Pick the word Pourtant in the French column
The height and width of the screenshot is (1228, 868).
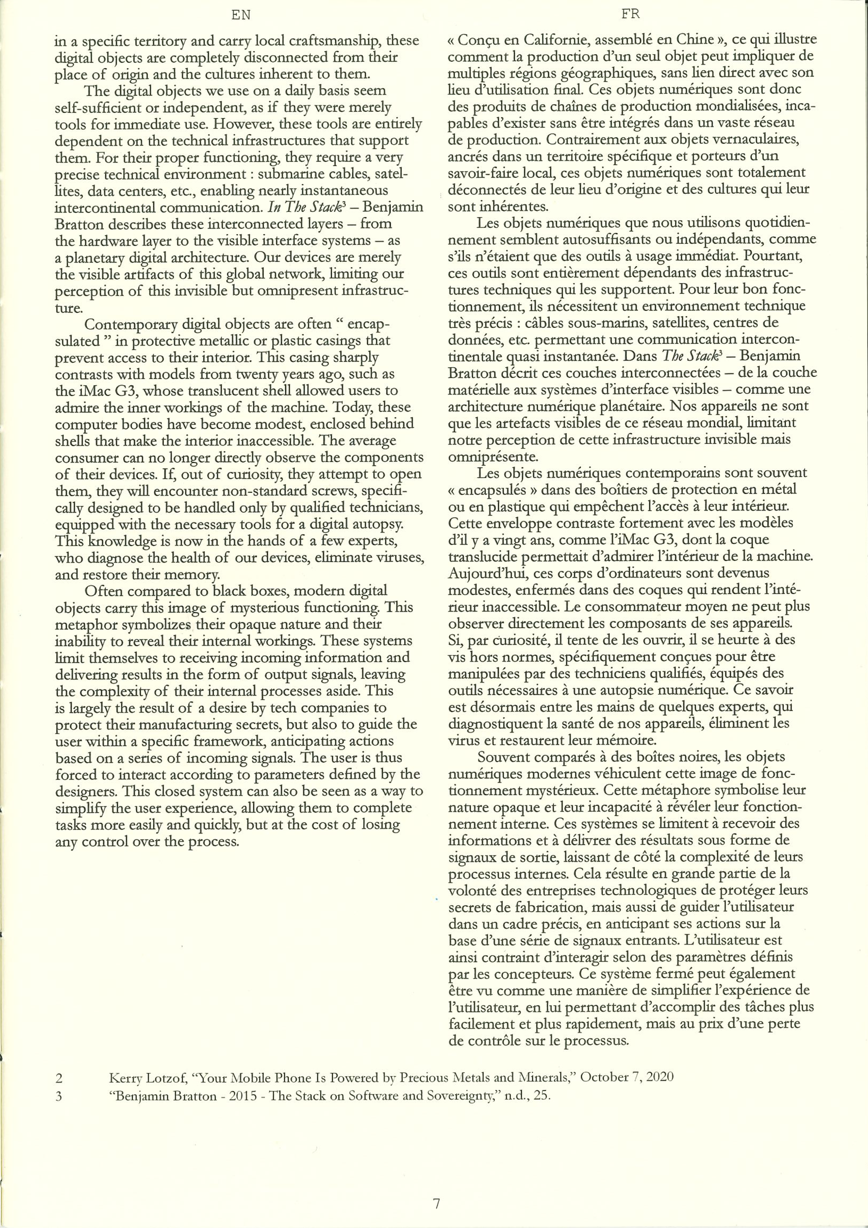coord(774,256)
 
